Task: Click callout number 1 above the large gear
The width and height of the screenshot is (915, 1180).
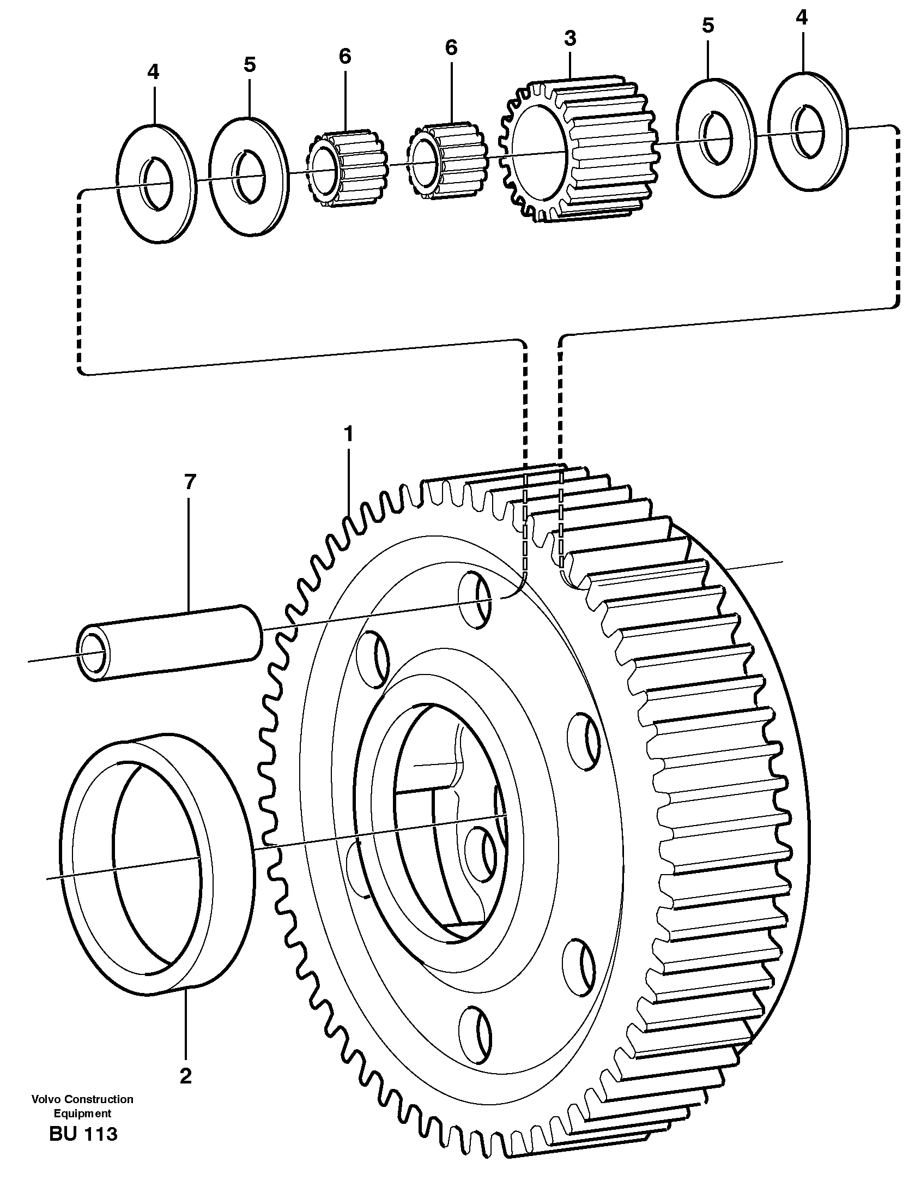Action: coord(348,435)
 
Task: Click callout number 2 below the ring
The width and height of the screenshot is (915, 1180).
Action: coord(185,1076)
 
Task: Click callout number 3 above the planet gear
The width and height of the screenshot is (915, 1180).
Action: coord(570,38)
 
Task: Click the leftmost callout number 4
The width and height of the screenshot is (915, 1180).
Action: coord(153,71)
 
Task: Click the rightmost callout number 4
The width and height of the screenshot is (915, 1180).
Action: coord(801,18)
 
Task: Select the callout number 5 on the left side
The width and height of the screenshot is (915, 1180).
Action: coord(249,64)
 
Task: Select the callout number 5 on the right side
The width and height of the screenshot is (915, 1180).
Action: coord(707,26)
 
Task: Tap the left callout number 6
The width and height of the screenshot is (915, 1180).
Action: coord(345,56)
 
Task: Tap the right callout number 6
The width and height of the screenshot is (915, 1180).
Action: coord(451,47)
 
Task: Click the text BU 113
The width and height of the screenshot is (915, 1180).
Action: coord(83,1133)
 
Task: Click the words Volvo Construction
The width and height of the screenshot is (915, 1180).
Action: coord(82,1099)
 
